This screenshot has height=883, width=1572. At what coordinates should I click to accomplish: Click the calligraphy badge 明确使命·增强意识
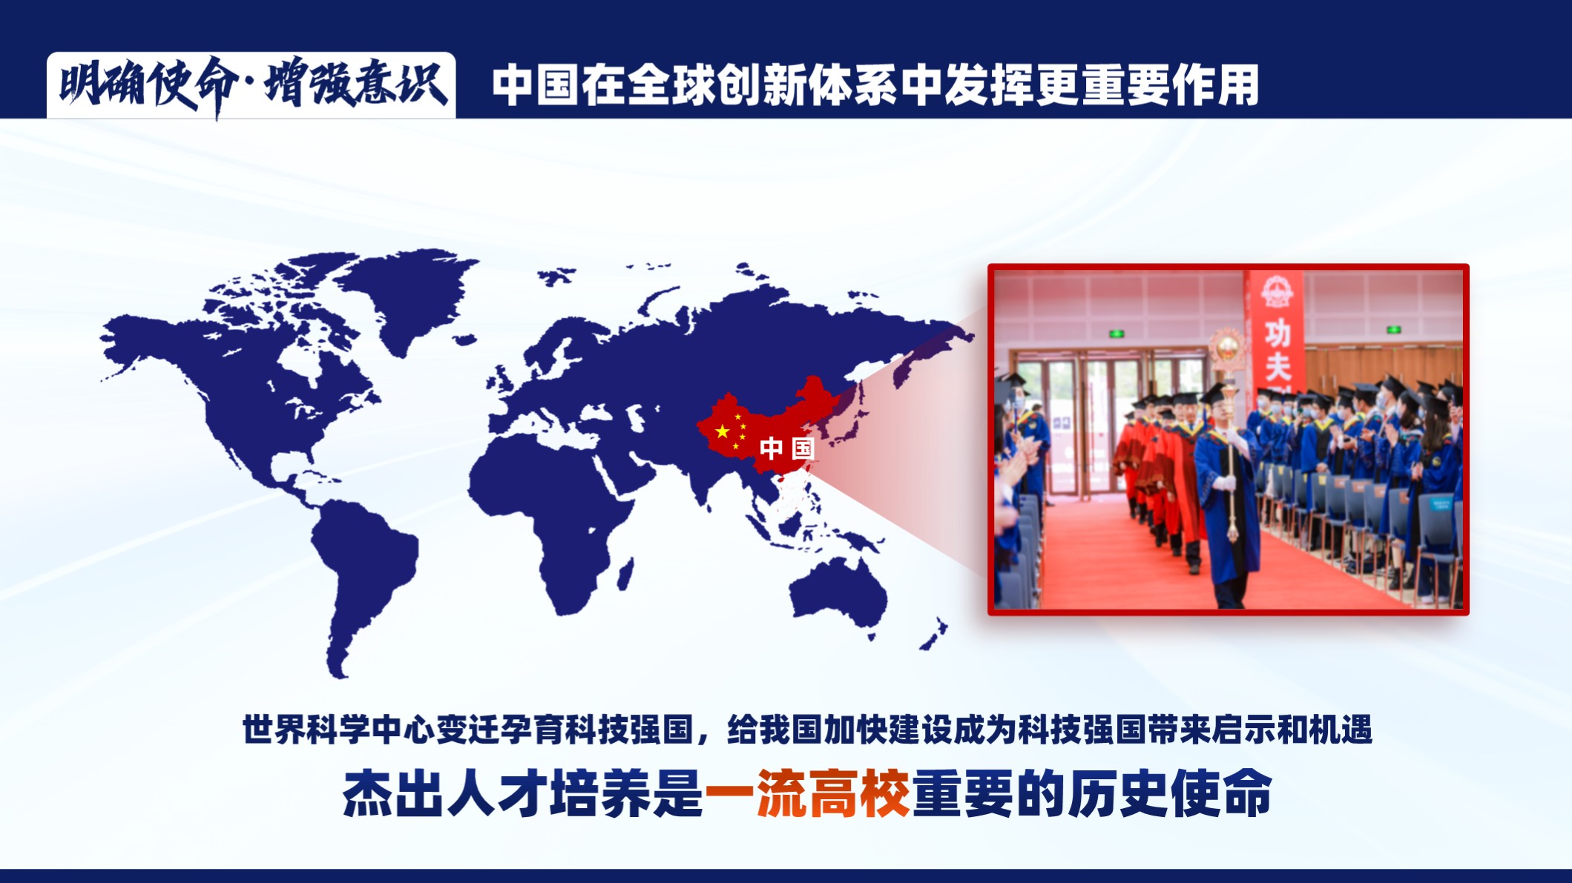251,85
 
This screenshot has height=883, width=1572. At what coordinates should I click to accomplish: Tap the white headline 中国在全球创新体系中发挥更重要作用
875,85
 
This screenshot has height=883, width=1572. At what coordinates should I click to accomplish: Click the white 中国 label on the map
787,448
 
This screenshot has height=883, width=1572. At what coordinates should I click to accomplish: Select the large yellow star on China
722,431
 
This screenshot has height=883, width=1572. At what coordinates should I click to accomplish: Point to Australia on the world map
838,593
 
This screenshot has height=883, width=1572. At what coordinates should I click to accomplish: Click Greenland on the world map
404,297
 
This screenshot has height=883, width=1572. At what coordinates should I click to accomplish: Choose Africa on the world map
553,519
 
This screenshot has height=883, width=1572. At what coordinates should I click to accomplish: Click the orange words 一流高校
807,794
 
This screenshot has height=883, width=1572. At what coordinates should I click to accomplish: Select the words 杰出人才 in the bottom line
444,794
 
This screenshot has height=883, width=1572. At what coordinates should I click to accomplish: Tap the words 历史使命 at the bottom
1170,794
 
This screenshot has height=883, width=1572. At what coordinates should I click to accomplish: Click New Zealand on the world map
935,634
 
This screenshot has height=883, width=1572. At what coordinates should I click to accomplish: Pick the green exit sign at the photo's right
1394,330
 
